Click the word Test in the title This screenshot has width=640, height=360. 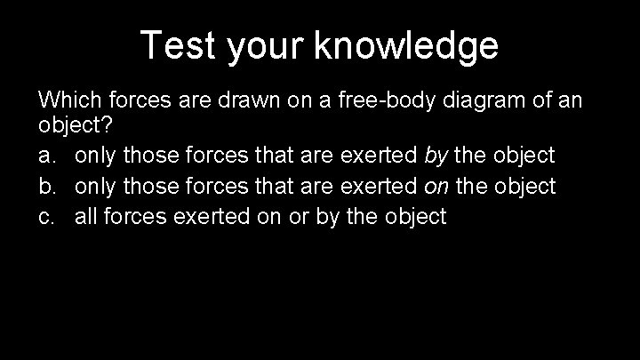coord(178,45)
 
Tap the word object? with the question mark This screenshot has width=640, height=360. coord(70,127)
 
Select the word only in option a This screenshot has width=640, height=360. coord(95,156)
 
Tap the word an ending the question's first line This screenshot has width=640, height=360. coord(571,100)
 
